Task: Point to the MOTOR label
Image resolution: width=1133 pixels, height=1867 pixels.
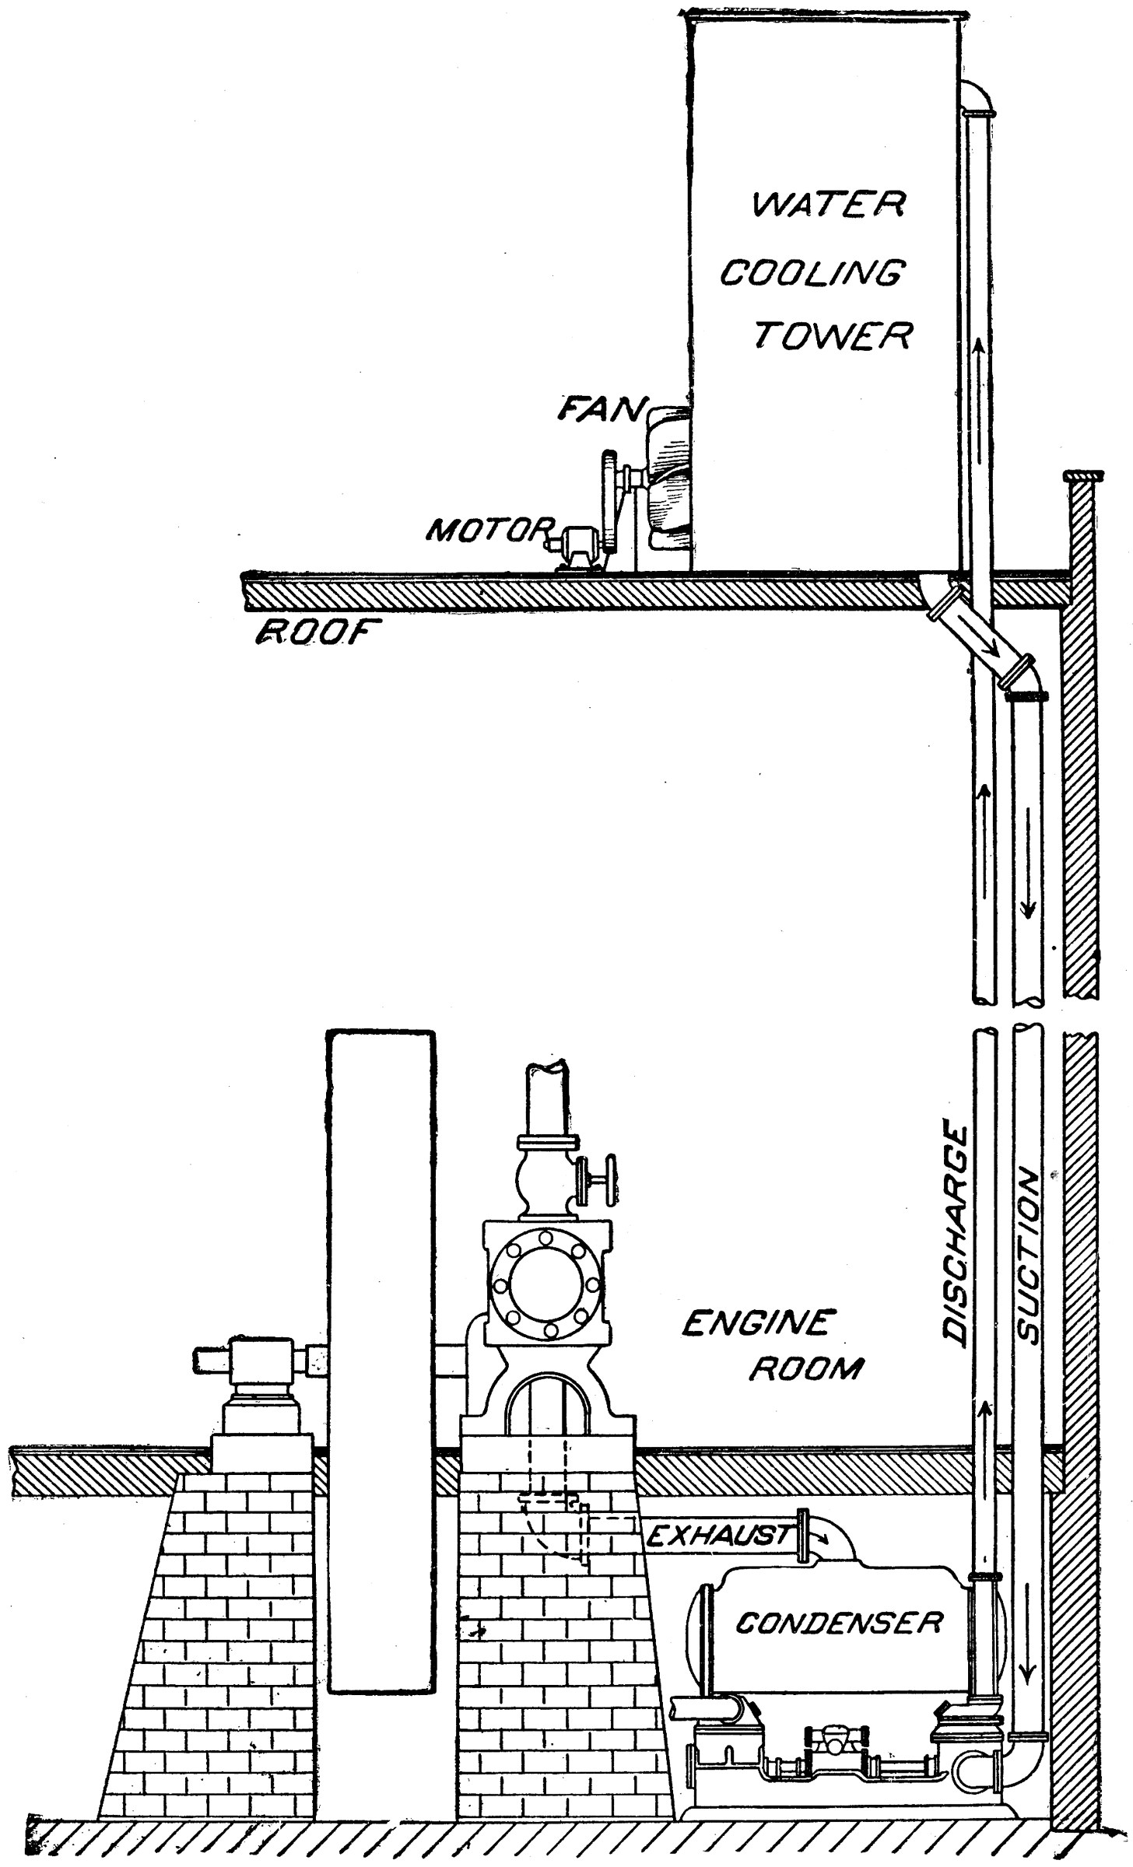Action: point(488,530)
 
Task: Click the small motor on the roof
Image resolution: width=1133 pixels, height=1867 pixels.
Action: point(576,544)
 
